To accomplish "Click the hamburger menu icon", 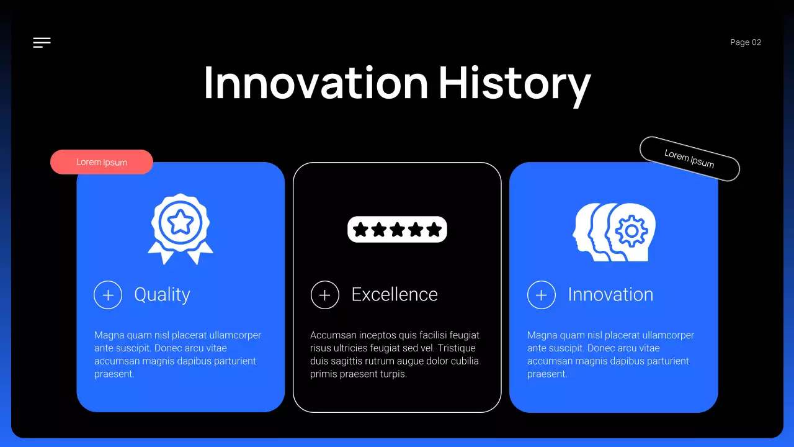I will pyautogui.click(x=42, y=42).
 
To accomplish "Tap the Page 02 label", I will pyautogui.click(x=746, y=42).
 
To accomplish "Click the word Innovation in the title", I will pyautogui.click(x=316, y=83).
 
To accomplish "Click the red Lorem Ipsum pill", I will pyautogui.click(x=102, y=162).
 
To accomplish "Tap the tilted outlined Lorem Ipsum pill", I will pyautogui.click(x=689, y=159).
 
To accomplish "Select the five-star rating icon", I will pyautogui.click(x=397, y=230).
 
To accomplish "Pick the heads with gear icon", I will pyautogui.click(x=614, y=232).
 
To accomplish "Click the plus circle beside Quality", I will pyautogui.click(x=108, y=295).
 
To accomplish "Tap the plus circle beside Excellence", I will pyautogui.click(x=324, y=295).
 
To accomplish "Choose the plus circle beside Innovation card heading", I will pyautogui.click(x=541, y=295).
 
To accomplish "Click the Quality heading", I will pyautogui.click(x=162, y=294).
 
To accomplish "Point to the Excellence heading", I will pyautogui.click(x=395, y=294).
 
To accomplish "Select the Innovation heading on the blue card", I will pyautogui.click(x=610, y=294).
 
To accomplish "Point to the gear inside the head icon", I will pyautogui.click(x=631, y=232).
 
